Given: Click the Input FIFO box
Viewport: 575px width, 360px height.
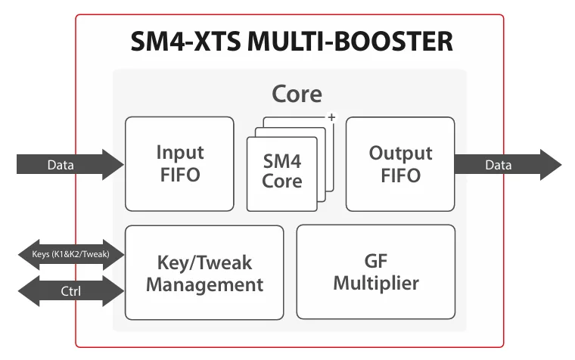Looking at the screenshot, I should pyautogui.click(x=179, y=163).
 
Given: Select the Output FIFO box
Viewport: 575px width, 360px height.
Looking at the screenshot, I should pyautogui.click(x=399, y=163).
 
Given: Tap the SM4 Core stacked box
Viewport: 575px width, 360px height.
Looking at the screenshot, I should pyautogui.click(x=282, y=171).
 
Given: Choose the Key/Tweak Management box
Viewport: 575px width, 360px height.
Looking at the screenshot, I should pyautogui.click(x=204, y=272).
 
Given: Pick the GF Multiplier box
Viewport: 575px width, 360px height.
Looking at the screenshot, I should pyautogui.click(x=375, y=272).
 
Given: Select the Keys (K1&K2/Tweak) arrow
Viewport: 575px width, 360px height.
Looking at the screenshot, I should pyautogui.click(x=70, y=255).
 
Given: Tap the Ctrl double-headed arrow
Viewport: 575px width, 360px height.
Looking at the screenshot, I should pyautogui.click(x=70, y=290).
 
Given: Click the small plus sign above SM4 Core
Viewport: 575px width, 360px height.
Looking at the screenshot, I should pyautogui.click(x=330, y=117).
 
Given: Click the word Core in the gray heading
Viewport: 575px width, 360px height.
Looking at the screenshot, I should pyautogui.click(x=297, y=94).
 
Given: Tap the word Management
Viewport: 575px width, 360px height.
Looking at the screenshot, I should pyautogui.click(x=204, y=284).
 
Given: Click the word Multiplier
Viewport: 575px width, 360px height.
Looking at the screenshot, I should pyautogui.click(x=375, y=284).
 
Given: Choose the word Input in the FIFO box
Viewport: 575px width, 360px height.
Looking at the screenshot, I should pyautogui.click(x=179, y=152).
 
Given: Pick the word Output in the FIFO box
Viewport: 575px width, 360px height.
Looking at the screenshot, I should pyautogui.click(x=399, y=153).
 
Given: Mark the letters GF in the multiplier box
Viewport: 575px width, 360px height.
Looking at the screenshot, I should pyautogui.click(x=375, y=262).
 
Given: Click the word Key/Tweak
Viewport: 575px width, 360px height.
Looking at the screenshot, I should pyautogui.click(x=204, y=262).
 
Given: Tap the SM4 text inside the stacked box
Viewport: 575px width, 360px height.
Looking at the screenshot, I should pyautogui.click(x=282, y=161).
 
